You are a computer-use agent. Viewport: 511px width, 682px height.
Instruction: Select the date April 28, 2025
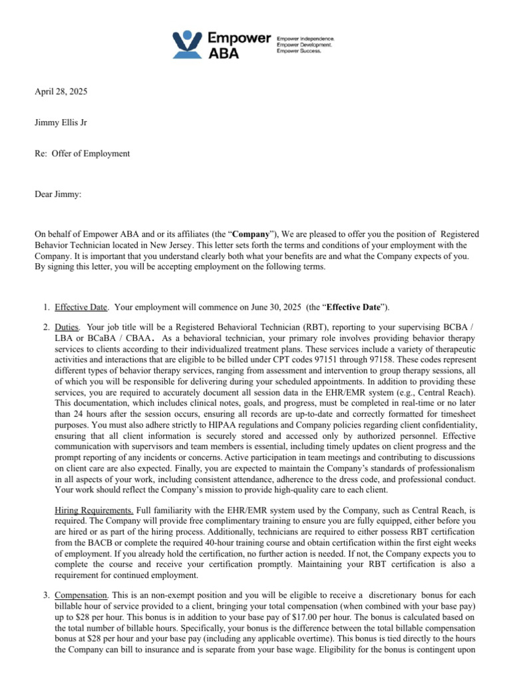[x=61, y=91]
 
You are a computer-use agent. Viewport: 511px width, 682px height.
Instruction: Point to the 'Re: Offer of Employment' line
[x=82, y=154]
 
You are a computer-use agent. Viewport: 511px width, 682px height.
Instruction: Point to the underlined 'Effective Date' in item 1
[x=81, y=307]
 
